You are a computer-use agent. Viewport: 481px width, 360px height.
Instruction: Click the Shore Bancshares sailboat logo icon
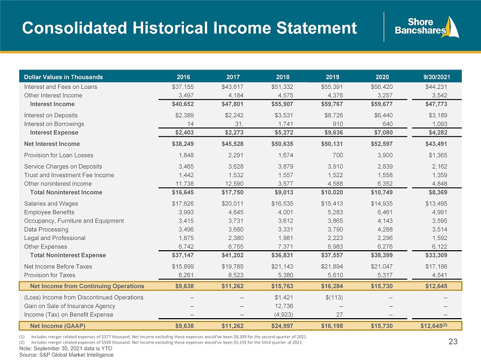pyautogui.click(x=451, y=27)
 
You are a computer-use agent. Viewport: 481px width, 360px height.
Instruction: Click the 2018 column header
pyautogui.click(x=282, y=77)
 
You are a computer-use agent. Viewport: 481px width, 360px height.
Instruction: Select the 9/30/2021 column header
pyautogui.click(x=436, y=77)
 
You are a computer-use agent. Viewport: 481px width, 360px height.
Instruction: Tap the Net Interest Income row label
pyautogui.click(x=52, y=144)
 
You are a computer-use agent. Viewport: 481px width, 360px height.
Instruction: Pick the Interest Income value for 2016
pyautogui.click(x=183, y=104)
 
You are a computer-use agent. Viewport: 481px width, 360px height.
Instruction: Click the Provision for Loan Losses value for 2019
pyautogui.click(x=337, y=155)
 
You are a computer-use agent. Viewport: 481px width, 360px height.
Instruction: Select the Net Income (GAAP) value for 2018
pyautogui.click(x=282, y=326)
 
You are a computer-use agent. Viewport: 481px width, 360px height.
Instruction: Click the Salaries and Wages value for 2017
pyautogui.click(x=233, y=203)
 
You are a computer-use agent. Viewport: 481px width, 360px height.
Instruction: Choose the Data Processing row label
pyautogui.click(x=46, y=229)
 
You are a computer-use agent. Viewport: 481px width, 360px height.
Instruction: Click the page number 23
pyautogui.click(x=453, y=341)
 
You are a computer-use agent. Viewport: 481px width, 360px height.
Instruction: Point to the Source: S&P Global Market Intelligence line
pyautogui.click(x=66, y=355)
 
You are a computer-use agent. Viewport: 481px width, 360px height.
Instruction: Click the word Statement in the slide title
pyautogui.click(x=316, y=28)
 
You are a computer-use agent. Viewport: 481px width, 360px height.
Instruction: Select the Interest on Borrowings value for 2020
pyautogui.click(x=388, y=124)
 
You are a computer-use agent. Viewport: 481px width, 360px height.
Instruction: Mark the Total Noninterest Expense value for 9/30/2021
pyautogui.click(x=436, y=255)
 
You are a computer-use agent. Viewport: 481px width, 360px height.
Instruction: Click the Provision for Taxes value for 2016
pyautogui.click(x=186, y=275)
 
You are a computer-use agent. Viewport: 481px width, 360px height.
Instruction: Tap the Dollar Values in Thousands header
pyautogui.click(x=63, y=77)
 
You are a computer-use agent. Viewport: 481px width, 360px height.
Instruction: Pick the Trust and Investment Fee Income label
pyautogui.click(x=69, y=175)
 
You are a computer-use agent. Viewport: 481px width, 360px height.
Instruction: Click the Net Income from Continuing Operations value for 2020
pyautogui.click(x=381, y=286)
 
